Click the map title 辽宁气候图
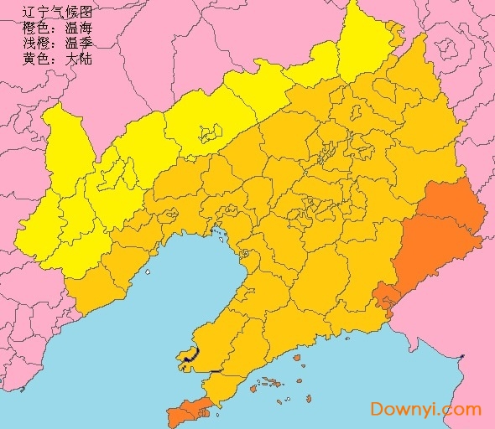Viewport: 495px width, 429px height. [58, 12]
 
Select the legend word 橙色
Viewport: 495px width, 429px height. [37, 28]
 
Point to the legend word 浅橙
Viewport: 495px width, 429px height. [37, 44]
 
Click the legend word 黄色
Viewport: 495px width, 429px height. [37, 59]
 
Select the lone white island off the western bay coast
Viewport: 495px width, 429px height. [147, 271]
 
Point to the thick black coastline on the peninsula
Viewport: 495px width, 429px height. [190, 355]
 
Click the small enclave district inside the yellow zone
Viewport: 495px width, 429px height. [209, 132]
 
